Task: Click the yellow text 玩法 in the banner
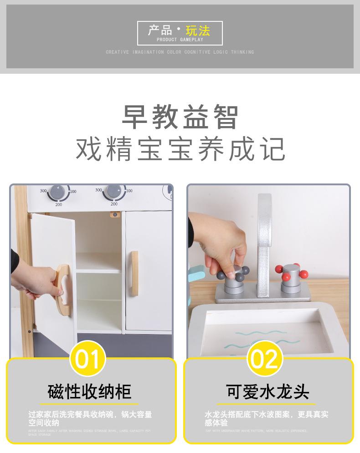198,31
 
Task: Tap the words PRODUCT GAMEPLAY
180,40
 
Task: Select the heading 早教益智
180,117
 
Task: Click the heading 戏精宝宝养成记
180,149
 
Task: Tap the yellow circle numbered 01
87,359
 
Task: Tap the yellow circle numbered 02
264,359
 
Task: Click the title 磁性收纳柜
89,392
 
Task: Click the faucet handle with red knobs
291,276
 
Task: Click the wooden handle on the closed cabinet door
134,267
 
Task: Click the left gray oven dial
59,192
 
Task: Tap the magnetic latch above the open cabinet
114,214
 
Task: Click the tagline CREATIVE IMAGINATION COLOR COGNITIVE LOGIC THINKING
180,52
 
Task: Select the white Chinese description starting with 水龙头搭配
267,418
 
